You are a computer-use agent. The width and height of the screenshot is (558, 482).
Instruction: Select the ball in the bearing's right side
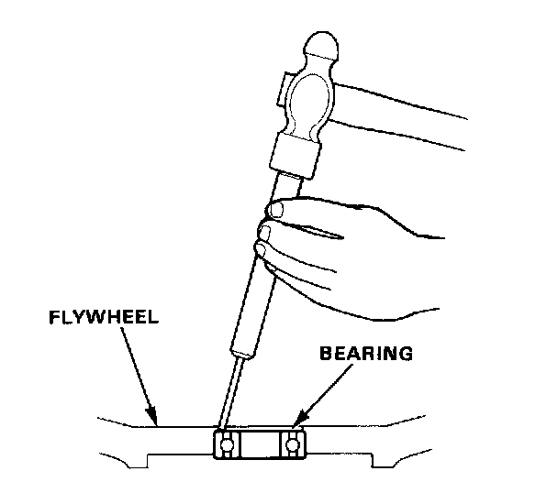point(293,446)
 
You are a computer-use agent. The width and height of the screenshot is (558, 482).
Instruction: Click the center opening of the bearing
point(260,446)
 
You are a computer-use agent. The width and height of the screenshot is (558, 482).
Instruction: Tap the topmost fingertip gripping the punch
point(274,213)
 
